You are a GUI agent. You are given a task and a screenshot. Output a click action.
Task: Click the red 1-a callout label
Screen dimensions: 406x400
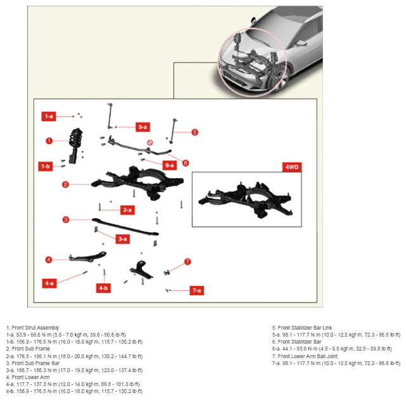click(x=49, y=117)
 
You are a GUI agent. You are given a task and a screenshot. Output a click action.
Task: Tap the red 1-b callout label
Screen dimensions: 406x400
click(x=45, y=166)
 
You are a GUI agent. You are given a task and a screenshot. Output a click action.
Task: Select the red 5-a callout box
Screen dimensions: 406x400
click(x=143, y=127)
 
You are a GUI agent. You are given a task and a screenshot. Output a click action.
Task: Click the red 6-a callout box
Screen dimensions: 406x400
click(x=169, y=165)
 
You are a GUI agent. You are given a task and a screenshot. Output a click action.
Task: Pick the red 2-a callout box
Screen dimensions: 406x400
click(x=128, y=210)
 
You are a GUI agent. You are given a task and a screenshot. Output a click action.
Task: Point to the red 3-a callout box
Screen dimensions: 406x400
click(x=122, y=239)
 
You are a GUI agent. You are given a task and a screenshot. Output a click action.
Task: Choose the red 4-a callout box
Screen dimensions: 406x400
click(x=49, y=283)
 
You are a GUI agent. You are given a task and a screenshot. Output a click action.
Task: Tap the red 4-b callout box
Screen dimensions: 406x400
click(x=103, y=288)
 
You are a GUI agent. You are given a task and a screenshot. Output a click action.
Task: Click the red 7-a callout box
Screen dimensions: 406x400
click(x=197, y=290)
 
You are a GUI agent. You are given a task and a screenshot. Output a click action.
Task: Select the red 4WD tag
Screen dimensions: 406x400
click(x=292, y=167)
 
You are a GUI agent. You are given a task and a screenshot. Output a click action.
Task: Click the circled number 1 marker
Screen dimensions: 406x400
click(x=49, y=141)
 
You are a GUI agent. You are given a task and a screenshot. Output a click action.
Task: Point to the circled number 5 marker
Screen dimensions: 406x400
click(x=195, y=132)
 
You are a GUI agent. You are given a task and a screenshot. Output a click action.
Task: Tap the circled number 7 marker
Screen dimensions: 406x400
click(x=188, y=262)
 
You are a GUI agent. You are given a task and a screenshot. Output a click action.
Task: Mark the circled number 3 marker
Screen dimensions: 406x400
click(x=66, y=220)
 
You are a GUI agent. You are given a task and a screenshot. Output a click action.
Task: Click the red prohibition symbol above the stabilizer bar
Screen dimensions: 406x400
click(x=150, y=143)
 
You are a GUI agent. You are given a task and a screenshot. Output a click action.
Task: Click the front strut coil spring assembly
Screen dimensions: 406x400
click(x=75, y=145)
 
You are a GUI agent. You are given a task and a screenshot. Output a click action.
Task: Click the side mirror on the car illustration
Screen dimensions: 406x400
click(x=253, y=20)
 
